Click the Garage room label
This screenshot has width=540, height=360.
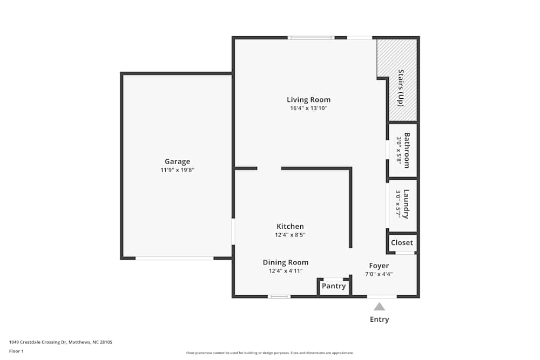coord(177,161)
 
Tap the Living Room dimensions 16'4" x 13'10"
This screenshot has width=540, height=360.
coord(308,108)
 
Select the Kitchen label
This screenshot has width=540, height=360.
coord(290,226)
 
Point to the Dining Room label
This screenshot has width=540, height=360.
coord(286,262)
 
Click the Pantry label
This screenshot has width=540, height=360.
coord(334,286)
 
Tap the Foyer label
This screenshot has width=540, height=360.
coord(379,266)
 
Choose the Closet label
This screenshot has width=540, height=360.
coord(402,243)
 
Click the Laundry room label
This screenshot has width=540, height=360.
coord(406,204)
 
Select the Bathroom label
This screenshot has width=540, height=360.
coord(407,150)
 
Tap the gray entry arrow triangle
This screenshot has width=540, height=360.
coord(380,307)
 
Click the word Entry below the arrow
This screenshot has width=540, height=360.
coord(379,320)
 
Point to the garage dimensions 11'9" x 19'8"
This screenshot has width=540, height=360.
coord(177,170)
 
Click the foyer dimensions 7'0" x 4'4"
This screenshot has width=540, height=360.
coord(379,274)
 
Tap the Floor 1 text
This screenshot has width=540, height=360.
coord(16,351)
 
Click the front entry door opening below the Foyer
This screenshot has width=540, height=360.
coord(381,296)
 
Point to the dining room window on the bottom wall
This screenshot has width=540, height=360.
coord(279,296)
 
